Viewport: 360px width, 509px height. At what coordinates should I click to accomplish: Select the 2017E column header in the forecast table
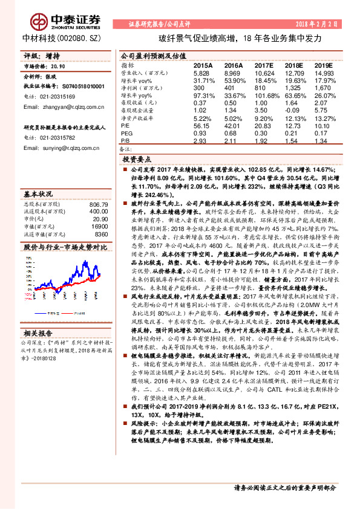pyautogui.click(x=264, y=65)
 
